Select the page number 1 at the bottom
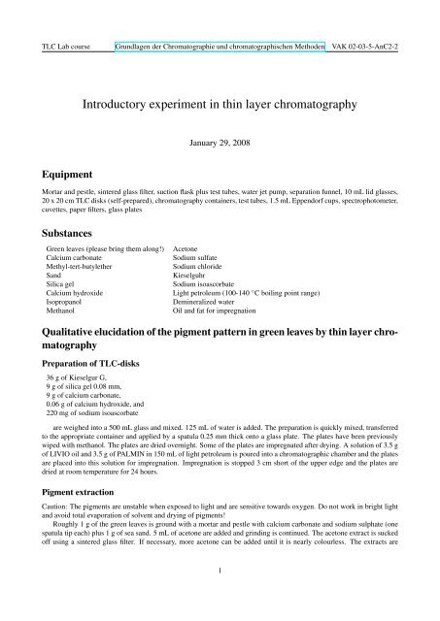220,597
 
